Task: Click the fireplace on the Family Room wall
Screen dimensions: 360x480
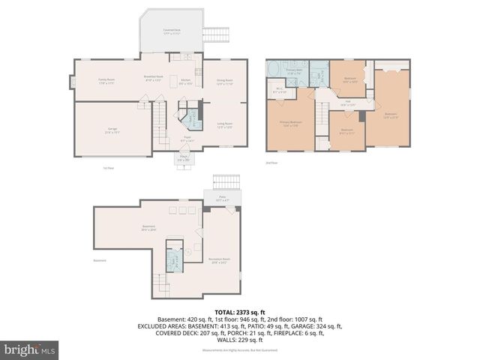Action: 73,79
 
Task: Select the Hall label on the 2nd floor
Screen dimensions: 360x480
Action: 348,103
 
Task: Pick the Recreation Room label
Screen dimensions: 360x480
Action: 219,261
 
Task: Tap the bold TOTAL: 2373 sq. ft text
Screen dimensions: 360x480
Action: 240,312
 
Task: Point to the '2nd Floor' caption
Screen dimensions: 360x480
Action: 271,162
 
